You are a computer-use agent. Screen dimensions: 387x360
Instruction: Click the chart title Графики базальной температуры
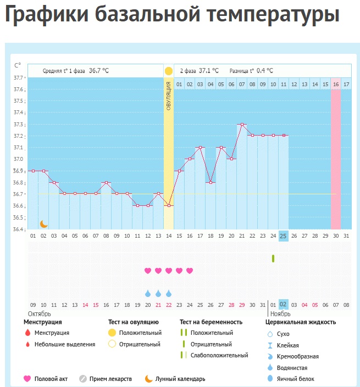171,16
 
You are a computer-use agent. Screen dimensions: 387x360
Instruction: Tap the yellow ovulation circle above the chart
169,71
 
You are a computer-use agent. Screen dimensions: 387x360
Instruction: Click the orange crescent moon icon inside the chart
43,223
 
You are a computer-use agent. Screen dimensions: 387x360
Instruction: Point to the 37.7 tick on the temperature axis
18,78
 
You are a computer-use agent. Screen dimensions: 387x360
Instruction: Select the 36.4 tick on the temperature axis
18,229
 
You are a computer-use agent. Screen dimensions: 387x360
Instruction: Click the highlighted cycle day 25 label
284,236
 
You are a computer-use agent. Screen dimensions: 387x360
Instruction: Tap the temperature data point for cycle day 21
242,125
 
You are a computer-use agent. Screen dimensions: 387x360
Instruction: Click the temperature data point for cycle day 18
211,182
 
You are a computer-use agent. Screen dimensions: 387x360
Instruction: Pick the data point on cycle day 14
169,205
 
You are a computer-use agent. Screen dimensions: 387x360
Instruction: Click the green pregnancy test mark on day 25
273,258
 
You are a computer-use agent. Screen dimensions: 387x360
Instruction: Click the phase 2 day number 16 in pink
335,84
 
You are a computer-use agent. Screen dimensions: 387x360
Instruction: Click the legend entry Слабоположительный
219,356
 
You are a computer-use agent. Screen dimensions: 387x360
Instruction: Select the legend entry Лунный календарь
180,379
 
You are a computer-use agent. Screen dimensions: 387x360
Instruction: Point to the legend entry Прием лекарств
113,379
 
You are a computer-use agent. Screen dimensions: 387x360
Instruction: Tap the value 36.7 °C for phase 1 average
99,71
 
